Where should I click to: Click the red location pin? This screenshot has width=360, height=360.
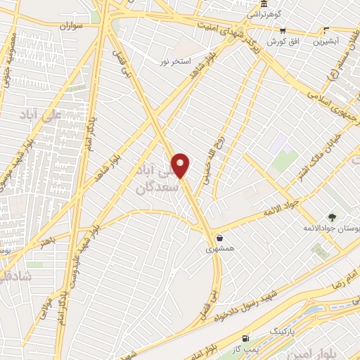click(x=181, y=165)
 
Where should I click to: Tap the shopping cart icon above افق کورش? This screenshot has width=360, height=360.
click(x=283, y=31)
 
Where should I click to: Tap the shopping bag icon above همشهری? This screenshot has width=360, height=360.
click(x=221, y=238)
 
